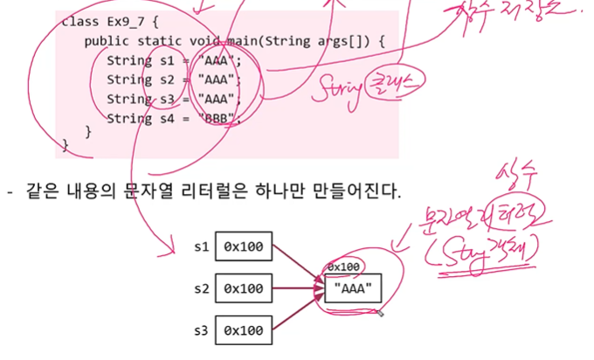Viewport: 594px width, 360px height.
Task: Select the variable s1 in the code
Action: click(167, 61)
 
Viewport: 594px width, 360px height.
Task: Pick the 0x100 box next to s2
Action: click(244, 287)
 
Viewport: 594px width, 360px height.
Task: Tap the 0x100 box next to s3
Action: click(244, 330)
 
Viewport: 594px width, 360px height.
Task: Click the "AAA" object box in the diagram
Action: click(352, 287)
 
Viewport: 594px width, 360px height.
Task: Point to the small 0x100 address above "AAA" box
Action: click(343, 267)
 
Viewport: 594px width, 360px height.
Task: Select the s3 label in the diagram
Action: click(199, 330)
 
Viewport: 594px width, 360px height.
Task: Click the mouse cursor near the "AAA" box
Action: click(380, 312)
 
